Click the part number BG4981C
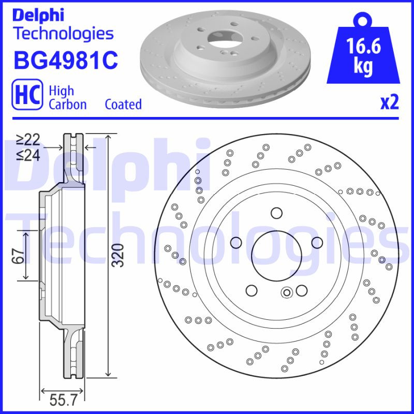66,61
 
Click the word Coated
123,104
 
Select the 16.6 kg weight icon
363,52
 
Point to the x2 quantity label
390,102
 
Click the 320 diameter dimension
120,255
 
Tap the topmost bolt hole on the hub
276,212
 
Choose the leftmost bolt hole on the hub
236,242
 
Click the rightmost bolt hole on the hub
316,241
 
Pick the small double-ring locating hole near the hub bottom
287,293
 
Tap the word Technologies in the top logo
63,34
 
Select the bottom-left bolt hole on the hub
252,290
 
